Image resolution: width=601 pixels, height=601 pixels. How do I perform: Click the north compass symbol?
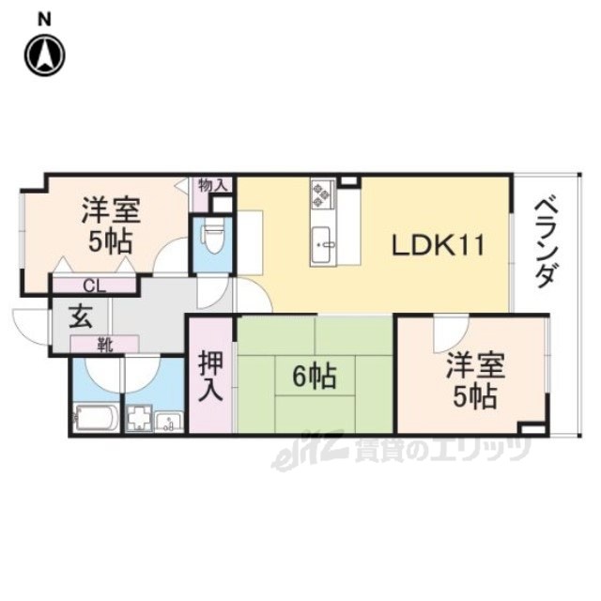pos(45,54)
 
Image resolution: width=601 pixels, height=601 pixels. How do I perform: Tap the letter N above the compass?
pos(44,19)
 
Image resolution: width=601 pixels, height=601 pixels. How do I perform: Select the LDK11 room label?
pos(439,246)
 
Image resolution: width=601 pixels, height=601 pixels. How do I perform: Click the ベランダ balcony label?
pos(546,243)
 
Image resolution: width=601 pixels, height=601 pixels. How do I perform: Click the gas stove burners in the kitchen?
pos(322,194)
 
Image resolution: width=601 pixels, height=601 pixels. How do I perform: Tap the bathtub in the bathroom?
pos(96,418)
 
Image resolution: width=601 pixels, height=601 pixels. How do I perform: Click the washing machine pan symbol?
pos(139,418)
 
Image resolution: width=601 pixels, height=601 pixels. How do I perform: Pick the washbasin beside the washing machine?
pos(169,422)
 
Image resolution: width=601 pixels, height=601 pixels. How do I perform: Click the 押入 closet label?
pos(210,377)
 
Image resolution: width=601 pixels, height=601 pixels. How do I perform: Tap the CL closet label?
pos(94,285)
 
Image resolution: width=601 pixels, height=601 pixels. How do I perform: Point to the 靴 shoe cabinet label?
pos(104,346)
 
